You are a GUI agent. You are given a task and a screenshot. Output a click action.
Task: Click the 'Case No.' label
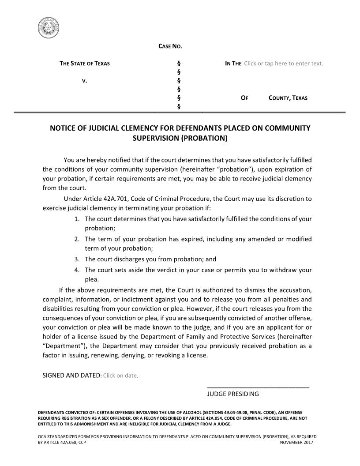(170, 46)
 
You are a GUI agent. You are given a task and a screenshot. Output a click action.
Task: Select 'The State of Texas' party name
(85, 63)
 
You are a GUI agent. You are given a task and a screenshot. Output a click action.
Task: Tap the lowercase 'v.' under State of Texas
(84, 81)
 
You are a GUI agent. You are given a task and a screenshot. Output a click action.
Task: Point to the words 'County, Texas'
(288, 98)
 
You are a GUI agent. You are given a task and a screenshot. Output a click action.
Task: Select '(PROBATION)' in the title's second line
(206, 138)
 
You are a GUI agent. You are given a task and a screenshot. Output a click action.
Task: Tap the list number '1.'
(77, 219)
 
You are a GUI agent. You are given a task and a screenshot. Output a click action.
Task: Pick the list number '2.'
(77, 239)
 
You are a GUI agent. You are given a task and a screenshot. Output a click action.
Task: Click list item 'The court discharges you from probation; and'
(150, 259)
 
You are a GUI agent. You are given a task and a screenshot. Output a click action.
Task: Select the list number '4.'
(77, 270)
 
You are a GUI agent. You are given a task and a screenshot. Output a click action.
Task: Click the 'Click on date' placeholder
(120, 376)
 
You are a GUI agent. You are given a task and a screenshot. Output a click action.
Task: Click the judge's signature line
(258, 387)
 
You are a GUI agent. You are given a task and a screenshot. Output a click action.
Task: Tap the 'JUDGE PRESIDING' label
(233, 394)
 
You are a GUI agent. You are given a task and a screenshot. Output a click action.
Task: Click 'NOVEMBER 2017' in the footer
(296, 442)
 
